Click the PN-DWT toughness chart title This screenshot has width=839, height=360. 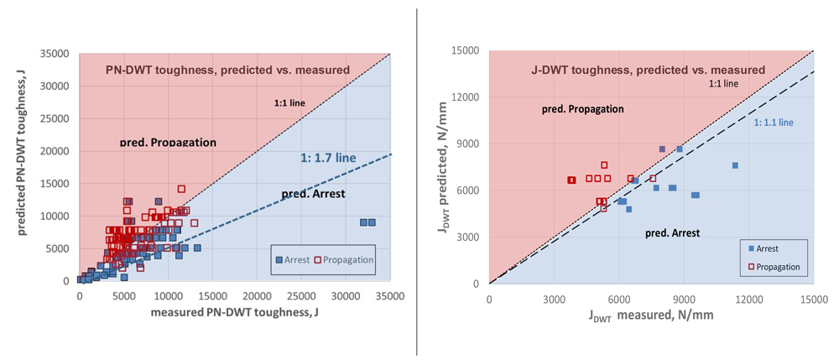(x=227, y=70)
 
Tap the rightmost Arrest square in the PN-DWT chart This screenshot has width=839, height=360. (x=372, y=222)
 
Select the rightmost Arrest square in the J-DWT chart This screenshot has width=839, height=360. (x=735, y=165)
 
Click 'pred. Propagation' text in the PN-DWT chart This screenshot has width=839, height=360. (x=169, y=143)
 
